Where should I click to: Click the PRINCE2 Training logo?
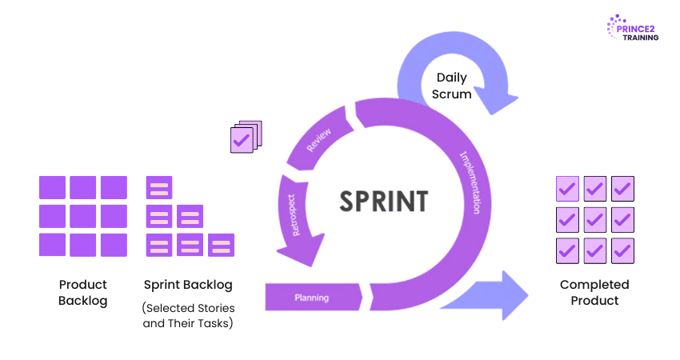(x=633, y=28)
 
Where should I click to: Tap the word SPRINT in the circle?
(x=383, y=201)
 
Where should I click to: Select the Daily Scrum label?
(x=451, y=86)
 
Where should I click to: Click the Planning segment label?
(x=312, y=298)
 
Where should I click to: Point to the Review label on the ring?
(x=320, y=139)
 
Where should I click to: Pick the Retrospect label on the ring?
(x=294, y=215)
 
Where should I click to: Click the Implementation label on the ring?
(x=470, y=182)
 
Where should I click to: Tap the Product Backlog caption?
(x=82, y=292)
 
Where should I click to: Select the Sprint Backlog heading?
(x=189, y=284)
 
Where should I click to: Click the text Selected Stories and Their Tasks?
(x=189, y=315)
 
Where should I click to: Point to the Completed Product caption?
(x=594, y=292)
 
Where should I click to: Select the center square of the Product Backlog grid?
(x=83, y=216)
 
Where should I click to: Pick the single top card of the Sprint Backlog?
(x=159, y=188)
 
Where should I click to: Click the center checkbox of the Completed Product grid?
(x=595, y=218)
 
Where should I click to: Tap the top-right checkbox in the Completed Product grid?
(x=622, y=188)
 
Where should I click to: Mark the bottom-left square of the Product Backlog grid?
(x=52, y=245)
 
